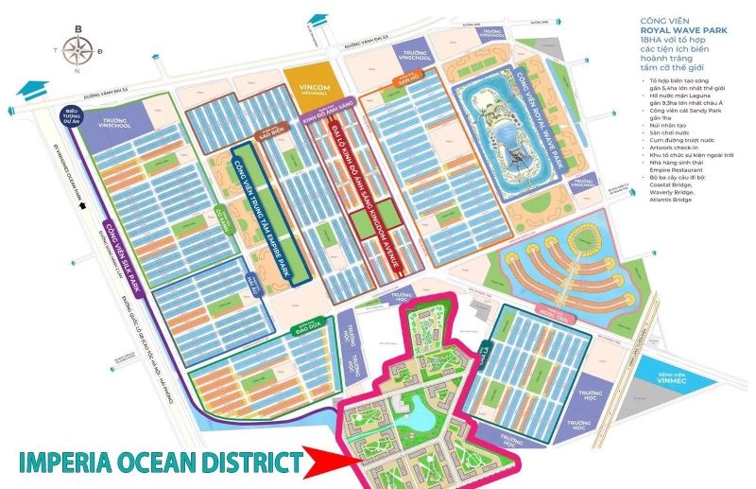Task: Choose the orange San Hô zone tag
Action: [x=400, y=85]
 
